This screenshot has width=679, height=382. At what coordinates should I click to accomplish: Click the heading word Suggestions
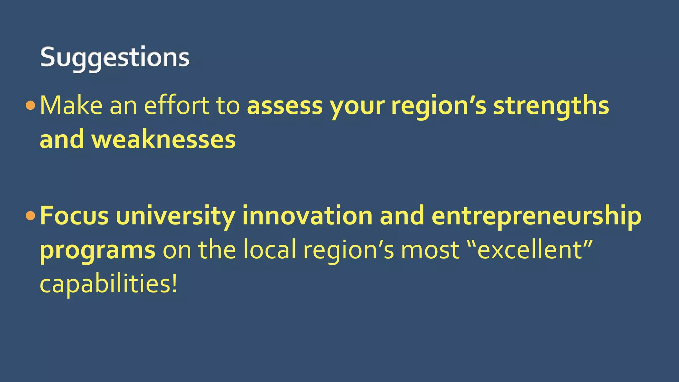pyautogui.click(x=115, y=58)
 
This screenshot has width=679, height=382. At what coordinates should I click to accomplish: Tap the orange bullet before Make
pyautogui.click(x=30, y=106)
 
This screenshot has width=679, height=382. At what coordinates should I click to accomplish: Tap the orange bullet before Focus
pyautogui.click(x=30, y=216)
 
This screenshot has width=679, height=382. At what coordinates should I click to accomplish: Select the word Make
pyautogui.click(x=71, y=106)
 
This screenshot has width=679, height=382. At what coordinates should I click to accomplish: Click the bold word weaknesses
pyautogui.click(x=163, y=140)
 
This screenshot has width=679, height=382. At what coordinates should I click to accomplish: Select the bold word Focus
pyautogui.click(x=74, y=216)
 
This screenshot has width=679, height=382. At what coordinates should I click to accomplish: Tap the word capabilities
pyautogui.click(x=105, y=284)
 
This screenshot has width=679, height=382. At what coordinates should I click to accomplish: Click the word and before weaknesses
pyautogui.click(x=62, y=140)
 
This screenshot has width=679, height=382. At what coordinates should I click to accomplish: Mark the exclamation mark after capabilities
pyautogui.click(x=175, y=284)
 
